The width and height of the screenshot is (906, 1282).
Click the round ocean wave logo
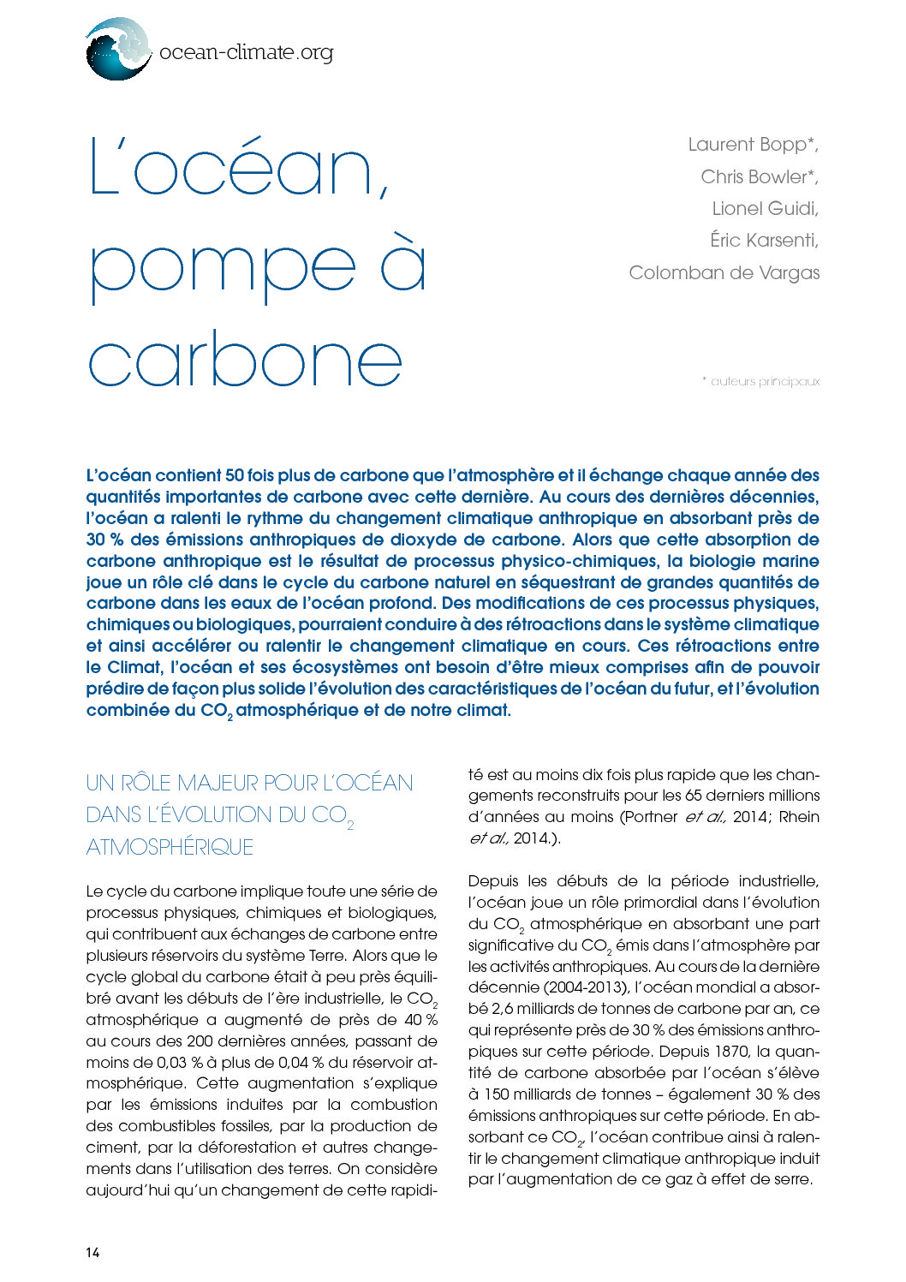[117, 50]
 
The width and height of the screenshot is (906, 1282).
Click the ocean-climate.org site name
[246, 52]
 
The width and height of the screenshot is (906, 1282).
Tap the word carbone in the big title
[246, 361]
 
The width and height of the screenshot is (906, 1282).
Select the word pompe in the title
[223, 266]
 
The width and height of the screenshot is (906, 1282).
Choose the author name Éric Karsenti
[763, 241]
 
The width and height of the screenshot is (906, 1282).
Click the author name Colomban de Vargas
[724, 273]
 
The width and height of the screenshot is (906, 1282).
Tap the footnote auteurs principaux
[765, 382]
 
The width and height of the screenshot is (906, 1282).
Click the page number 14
[92, 1252]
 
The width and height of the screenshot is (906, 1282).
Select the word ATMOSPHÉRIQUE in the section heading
[170, 847]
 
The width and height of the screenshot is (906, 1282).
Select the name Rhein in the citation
[799, 817]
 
